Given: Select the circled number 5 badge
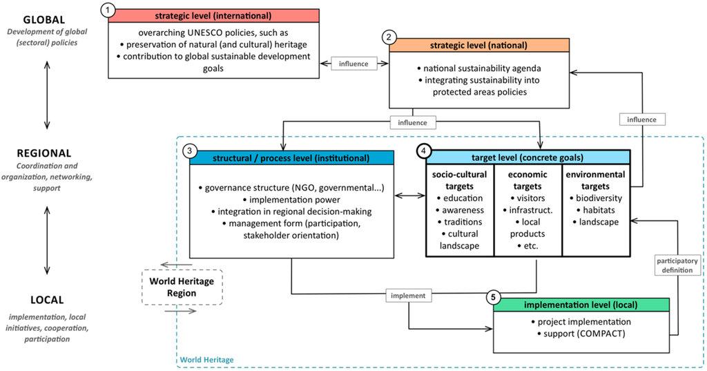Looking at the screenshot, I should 493,298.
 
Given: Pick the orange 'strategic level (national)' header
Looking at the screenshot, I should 479,45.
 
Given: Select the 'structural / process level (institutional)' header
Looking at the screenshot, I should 291,158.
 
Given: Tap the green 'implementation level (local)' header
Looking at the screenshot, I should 581,305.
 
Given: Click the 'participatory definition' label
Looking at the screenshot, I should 677,266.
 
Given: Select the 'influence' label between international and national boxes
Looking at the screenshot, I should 353,64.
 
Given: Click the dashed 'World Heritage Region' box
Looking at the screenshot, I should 182,287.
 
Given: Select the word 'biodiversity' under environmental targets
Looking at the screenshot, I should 597,198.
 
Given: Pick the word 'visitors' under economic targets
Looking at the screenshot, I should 529,198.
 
